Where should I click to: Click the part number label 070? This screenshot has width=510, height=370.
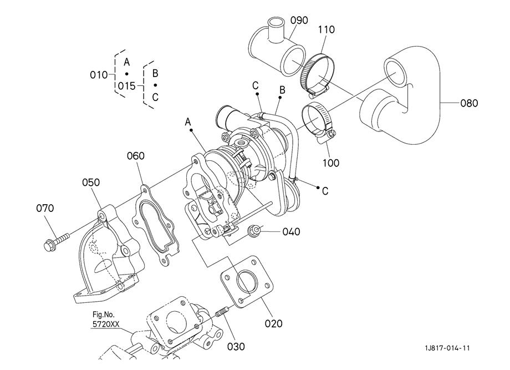pyautogui.click(x=45, y=208)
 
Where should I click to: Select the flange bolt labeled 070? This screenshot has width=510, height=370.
pyautogui.click(x=57, y=241)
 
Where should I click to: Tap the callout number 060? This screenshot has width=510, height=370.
pyautogui.click(x=136, y=156)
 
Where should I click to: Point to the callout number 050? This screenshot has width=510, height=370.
pyautogui.click(x=91, y=183)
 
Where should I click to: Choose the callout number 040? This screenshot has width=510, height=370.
pyautogui.click(x=291, y=232)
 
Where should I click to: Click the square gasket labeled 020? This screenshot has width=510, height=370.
pyautogui.click(x=247, y=282)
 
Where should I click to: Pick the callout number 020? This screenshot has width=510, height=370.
pyautogui.click(x=273, y=323)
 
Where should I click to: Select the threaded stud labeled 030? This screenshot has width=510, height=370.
pyautogui.click(x=221, y=313)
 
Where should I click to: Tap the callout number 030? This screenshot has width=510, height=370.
pyautogui.click(x=236, y=347)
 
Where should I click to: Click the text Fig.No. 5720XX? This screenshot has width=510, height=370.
pyautogui.click(x=106, y=319)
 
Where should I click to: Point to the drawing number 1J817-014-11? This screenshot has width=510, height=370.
pyautogui.click(x=447, y=348)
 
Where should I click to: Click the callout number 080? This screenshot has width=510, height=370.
pyautogui.click(x=469, y=103)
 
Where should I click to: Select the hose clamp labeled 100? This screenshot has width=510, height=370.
pyautogui.click(x=319, y=123)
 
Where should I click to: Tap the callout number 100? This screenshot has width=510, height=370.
pyautogui.click(x=331, y=163)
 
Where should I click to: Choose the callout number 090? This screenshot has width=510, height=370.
pyautogui.click(x=299, y=20)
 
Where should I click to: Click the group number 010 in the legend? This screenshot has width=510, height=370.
pyautogui.click(x=99, y=75)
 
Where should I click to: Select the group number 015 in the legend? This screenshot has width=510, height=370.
pyautogui.click(x=126, y=86)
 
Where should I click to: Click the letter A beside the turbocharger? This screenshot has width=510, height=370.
pyautogui.click(x=188, y=122)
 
